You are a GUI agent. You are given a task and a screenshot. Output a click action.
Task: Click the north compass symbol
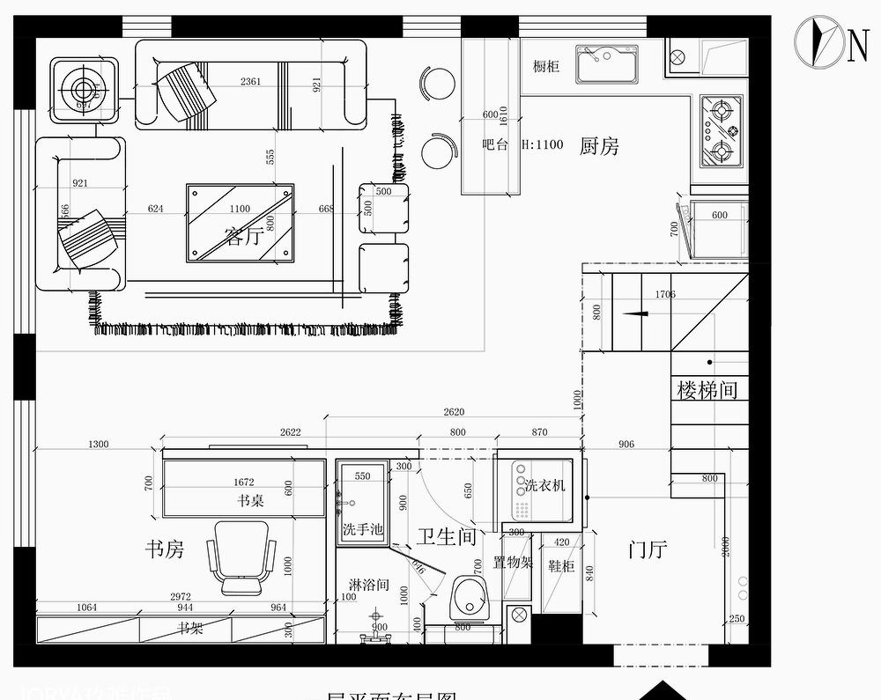820,41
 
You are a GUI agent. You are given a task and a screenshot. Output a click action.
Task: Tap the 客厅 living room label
243,236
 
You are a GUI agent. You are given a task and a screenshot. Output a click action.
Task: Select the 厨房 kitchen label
599,146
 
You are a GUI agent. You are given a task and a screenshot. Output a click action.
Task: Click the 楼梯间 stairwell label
707,390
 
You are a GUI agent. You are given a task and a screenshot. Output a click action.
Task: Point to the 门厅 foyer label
647,549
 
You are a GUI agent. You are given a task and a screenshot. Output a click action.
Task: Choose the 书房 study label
165,549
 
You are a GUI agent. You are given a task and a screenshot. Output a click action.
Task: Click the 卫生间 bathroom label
447,536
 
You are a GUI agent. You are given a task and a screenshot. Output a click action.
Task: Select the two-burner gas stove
722,131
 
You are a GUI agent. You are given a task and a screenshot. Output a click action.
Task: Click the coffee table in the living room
240,222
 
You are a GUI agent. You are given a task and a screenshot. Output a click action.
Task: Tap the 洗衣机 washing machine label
545,485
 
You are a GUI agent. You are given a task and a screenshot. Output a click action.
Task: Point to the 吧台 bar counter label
495,144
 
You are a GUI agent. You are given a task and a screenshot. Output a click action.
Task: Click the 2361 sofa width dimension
251,82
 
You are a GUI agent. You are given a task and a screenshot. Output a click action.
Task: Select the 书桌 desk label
250,500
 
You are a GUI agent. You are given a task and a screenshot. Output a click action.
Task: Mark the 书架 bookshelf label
191,629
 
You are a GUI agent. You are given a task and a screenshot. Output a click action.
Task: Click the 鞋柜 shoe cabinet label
560,566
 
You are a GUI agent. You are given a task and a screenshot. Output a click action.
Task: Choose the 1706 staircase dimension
665,294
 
